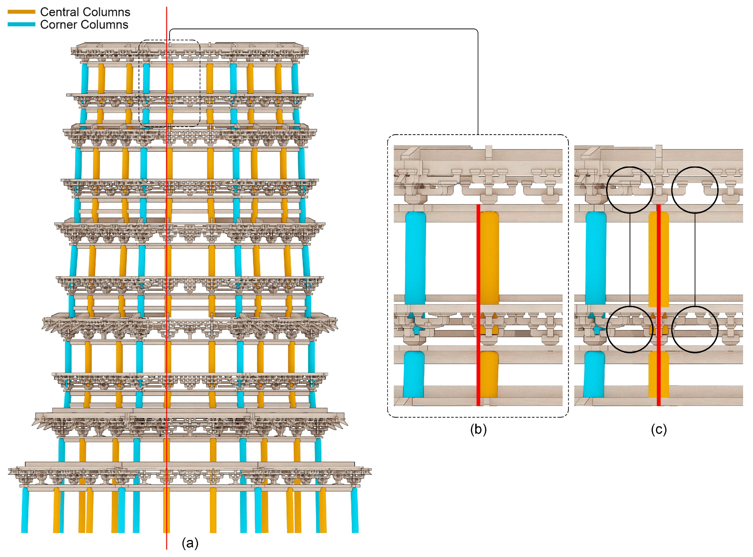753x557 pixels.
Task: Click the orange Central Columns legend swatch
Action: click(21, 12)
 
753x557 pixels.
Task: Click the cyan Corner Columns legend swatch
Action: click(21, 24)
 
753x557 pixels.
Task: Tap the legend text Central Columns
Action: click(85, 12)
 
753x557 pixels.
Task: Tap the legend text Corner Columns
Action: click(84, 25)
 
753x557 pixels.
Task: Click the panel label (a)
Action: click(190, 543)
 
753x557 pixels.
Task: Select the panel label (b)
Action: click(478, 429)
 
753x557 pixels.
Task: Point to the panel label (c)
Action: click(659, 429)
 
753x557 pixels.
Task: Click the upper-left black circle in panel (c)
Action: click(630, 190)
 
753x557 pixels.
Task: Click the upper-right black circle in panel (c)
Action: click(695, 190)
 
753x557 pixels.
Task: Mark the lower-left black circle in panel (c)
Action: click(630, 330)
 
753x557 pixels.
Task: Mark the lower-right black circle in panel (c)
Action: click(695, 330)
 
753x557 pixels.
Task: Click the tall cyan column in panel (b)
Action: click(415, 258)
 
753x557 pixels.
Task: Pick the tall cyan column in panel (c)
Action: click(596, 258)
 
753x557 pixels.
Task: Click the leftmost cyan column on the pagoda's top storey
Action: click(85, 79)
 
